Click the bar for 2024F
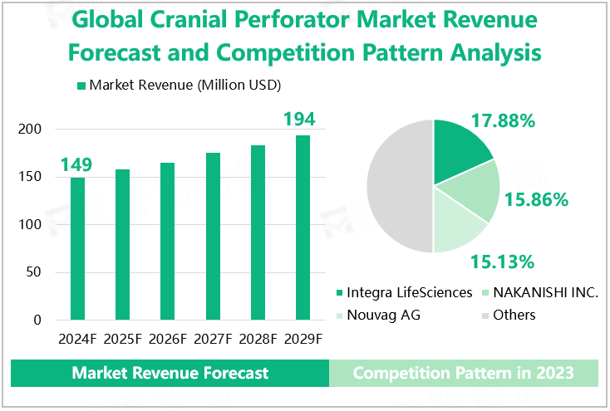coord(77,248)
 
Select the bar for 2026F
coord(167,241)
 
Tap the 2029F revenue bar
coord(303,228)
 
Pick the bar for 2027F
coord(213,237)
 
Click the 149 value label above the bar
coord(76,164)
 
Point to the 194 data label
coord(300,120)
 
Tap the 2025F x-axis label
coord(122,339)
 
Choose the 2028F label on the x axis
coord(258,339)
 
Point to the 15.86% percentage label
coord(536,199)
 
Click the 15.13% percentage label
coord(501,262)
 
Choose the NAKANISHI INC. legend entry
coord(545,292)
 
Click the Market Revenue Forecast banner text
coord(170,373)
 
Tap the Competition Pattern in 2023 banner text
coord(463,373)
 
